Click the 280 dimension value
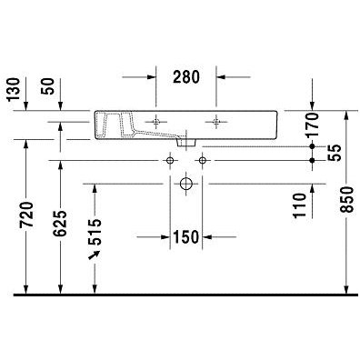[186, 76]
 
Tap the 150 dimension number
[185, 237]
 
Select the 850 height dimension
[346, 199]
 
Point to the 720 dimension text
[26, 215]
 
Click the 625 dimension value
[60, 224]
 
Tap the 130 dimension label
[14, 90]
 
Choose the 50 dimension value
[48, 86]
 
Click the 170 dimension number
[313, 125]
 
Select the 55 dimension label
[335, 153]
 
